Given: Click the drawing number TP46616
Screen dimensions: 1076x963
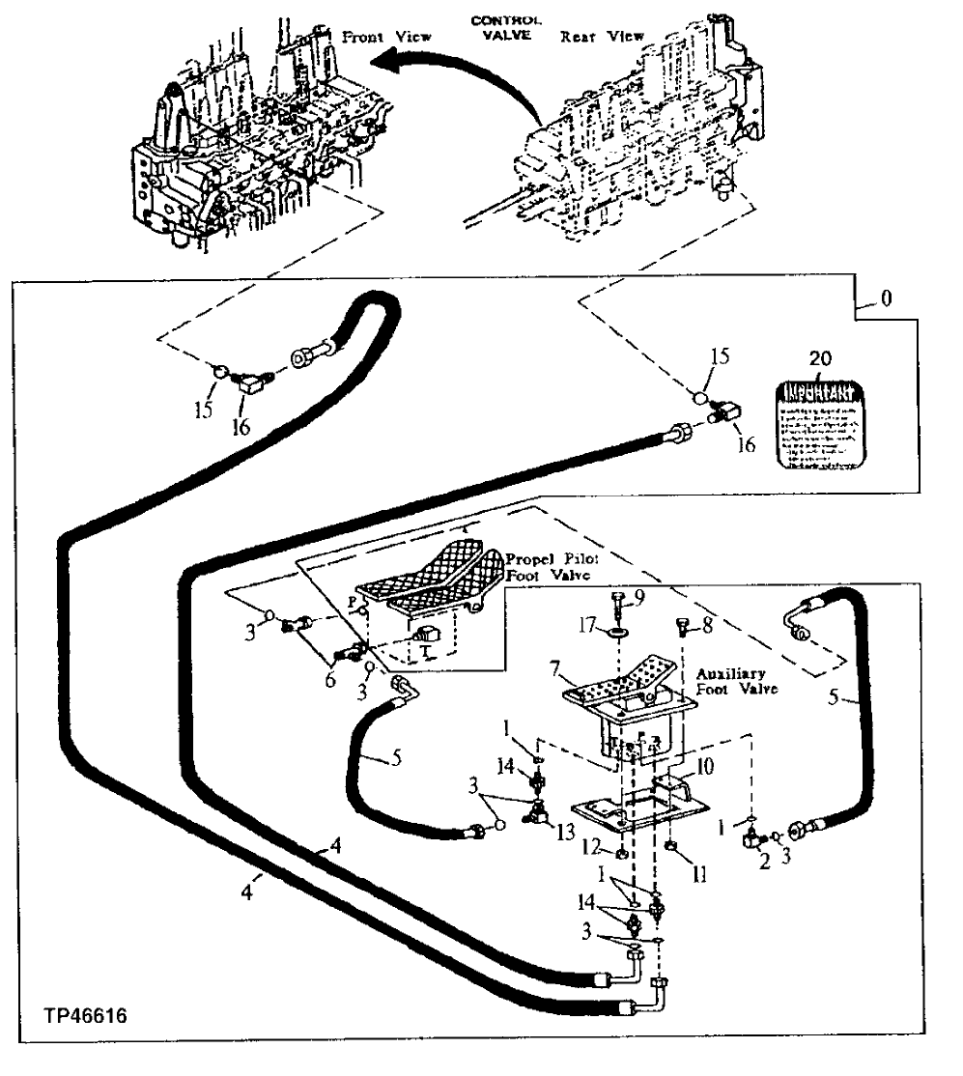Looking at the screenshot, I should coord(85,1016).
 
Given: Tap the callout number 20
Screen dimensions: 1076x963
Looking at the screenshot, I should coord(820,358).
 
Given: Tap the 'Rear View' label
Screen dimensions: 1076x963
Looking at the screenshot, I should coord(602,37).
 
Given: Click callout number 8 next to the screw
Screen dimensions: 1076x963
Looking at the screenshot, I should coord(707,626).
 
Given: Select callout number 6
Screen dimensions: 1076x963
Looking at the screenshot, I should coord(329,681).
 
